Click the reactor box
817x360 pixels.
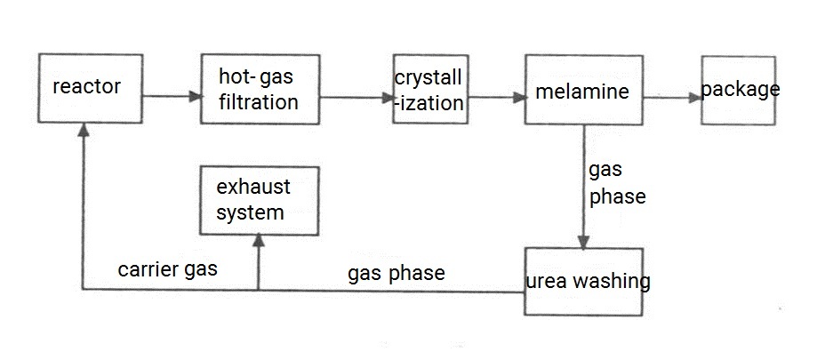(x=85, y=89)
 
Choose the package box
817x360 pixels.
(x=738, y=91)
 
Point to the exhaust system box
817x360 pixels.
(x=258, y=199)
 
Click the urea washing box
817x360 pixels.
(x=583, y=282)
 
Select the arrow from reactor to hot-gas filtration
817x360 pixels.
(x=169, y=94)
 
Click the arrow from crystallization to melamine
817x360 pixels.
(x=494, y=96)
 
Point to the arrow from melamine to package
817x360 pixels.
(x=671, y=97)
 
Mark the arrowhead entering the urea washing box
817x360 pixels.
(x=583, y=242)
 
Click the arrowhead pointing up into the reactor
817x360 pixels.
(x=84, y=131)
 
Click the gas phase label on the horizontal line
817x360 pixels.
(x=396, y=273)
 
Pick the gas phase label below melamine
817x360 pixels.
(x=616, y=183)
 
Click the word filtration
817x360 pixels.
(x=258, y=102)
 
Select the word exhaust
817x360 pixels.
(x=253, y=188)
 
